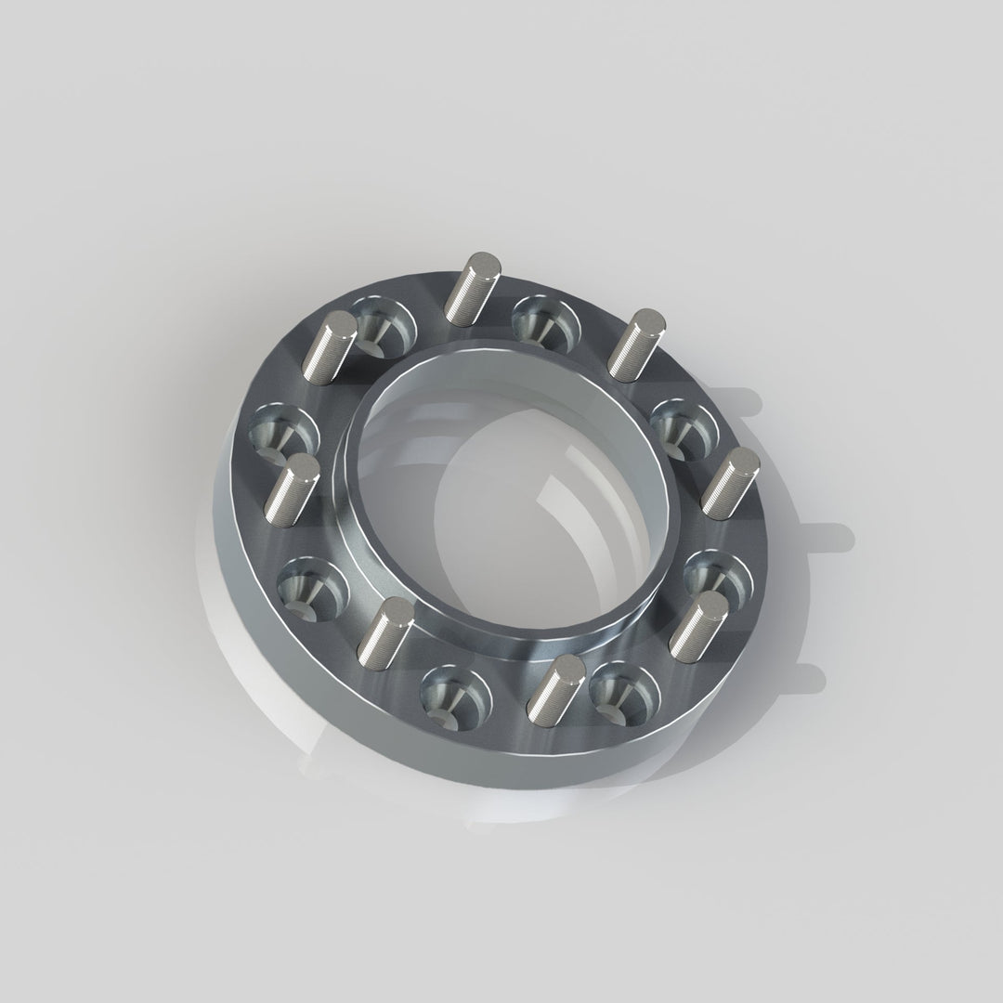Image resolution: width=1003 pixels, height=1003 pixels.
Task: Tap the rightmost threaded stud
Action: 731,482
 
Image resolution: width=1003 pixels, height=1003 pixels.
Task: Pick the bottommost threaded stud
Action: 555,688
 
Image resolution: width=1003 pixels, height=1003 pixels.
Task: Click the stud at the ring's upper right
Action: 637,345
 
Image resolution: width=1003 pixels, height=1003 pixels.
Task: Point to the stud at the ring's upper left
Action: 332,348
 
